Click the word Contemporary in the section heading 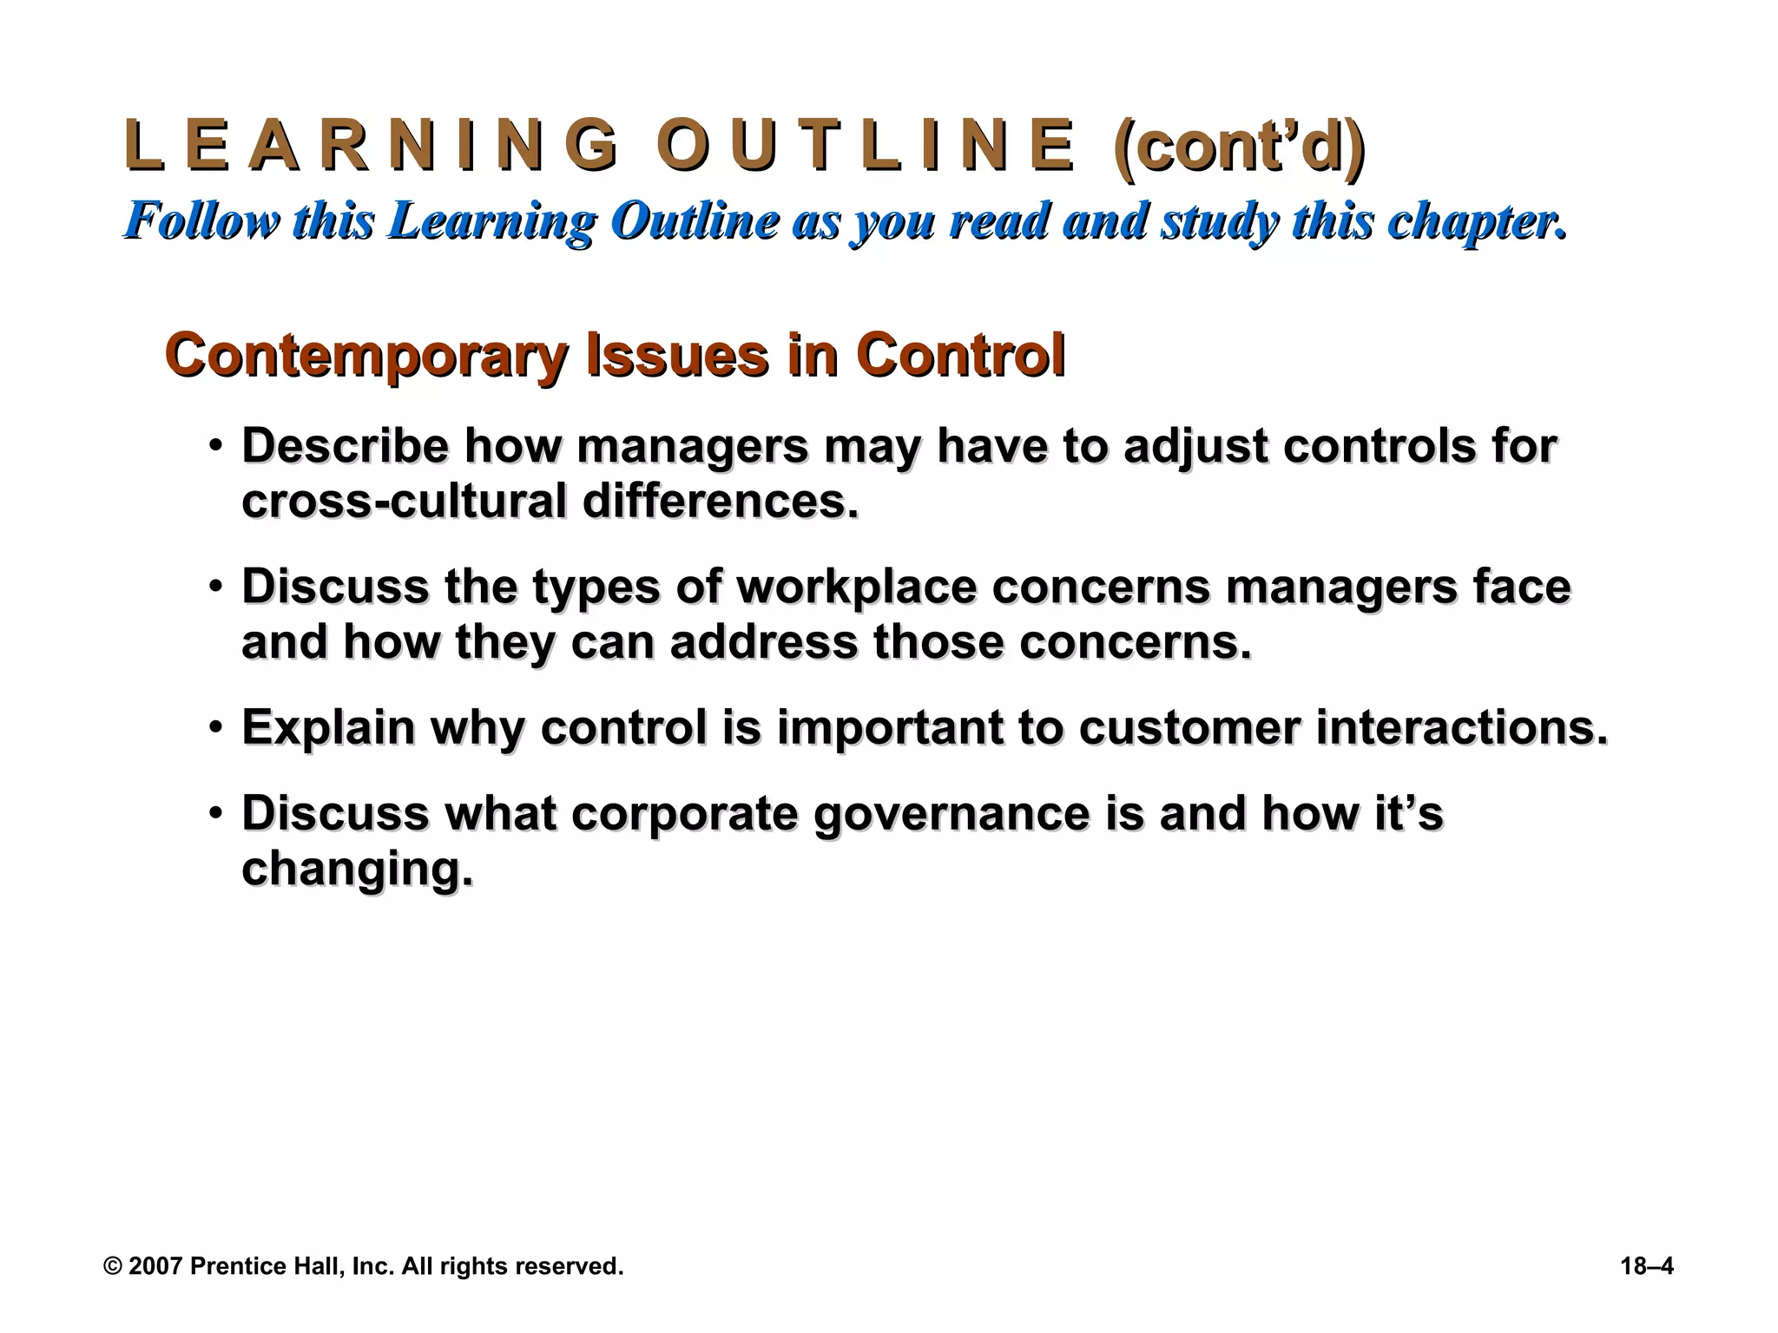tap(365, 356)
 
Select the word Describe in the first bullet tap(345, 446)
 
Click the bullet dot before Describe tap(215, 447)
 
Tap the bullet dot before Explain tap(215, 728)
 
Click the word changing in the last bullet tap(356, 870)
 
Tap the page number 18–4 tap(1646, 1266)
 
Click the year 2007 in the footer tap(155, 1266)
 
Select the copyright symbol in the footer tap(113, 1266)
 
